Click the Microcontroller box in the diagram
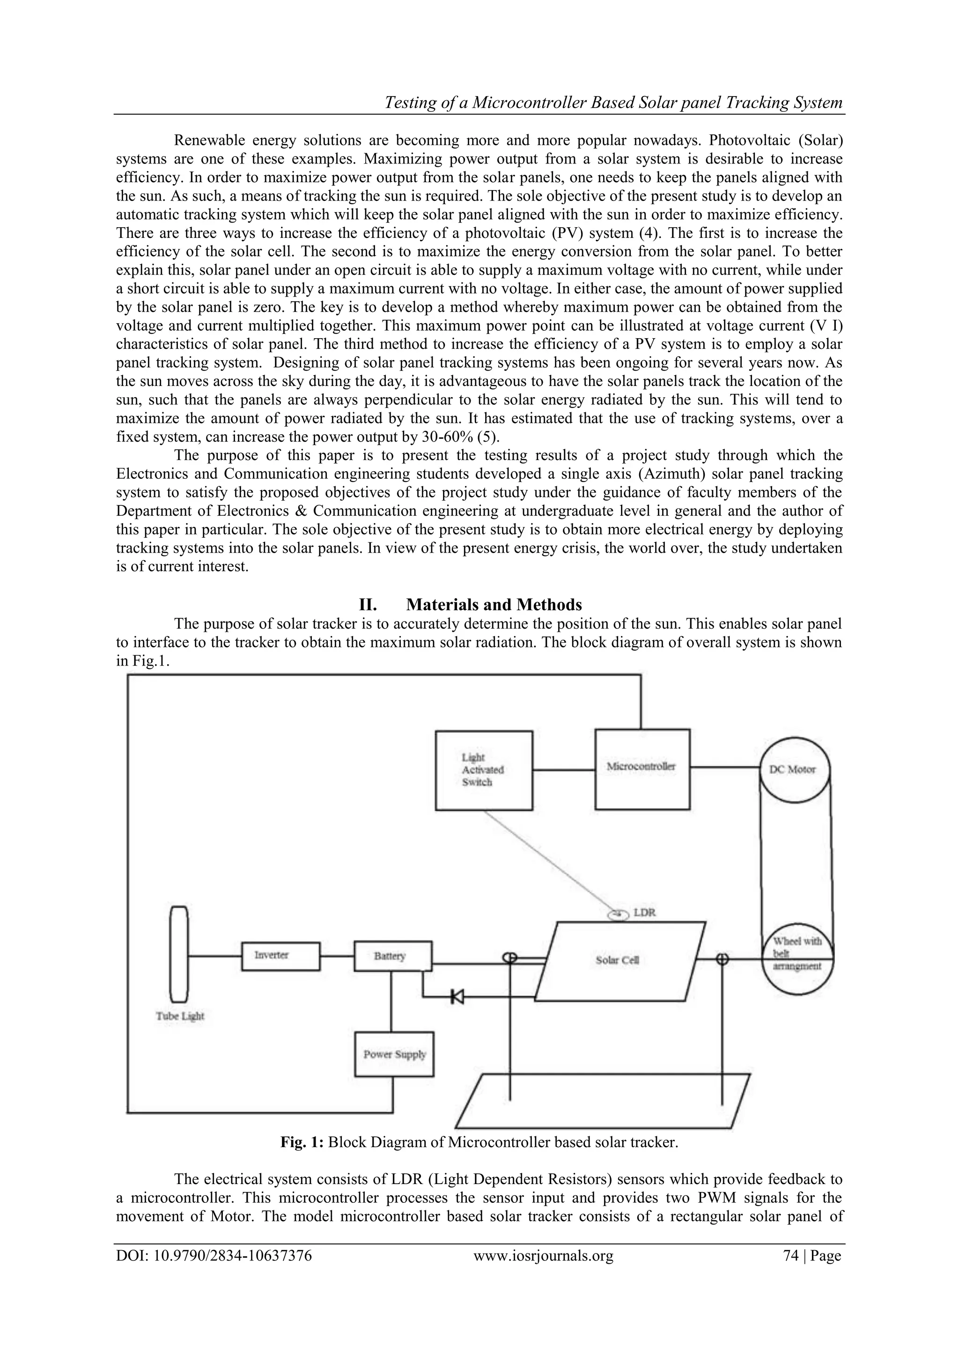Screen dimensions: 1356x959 642,769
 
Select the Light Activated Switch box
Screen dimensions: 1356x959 484,770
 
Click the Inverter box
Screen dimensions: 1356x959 280,956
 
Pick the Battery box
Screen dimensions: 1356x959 393,956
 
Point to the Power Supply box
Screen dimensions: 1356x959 394,1054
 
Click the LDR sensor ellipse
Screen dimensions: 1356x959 618,914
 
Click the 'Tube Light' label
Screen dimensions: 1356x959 180,1016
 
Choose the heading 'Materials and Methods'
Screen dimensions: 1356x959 494,604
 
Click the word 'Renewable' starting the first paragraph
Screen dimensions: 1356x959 208,141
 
